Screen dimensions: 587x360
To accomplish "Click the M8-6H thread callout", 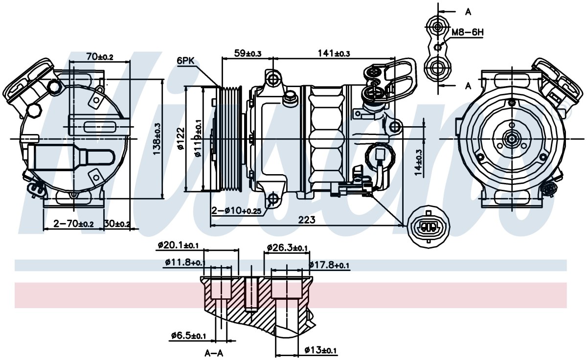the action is [x=468, y=32].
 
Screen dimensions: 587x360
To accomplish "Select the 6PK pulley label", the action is [x=186, y=61].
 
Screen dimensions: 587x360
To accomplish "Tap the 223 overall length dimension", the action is [x=307, y=220].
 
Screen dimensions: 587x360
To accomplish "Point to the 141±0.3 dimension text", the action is [x=334, y=53].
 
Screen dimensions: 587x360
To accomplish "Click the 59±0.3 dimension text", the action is [x=248, y=53].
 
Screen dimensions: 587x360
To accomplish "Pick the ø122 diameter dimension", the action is [x=181, y=138].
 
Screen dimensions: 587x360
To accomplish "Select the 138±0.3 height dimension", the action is [x=157, y=139].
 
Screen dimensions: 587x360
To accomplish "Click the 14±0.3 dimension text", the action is [x=419, y=163].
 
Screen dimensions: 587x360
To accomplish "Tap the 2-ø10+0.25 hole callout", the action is [x=237, y=210].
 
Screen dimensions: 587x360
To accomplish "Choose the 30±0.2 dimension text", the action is [x=117, y=224].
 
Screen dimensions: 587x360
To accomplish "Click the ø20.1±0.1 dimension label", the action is [x=178, y=246].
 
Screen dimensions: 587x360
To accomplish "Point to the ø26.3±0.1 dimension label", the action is [x=287, y=247].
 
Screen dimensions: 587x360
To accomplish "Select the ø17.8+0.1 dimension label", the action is [x=329, y=265].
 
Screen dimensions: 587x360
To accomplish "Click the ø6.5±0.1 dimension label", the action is [x=188, y=335].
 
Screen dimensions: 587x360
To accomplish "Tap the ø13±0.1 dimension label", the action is [x=320, y=350].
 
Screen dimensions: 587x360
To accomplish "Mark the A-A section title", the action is [x=214, y=354].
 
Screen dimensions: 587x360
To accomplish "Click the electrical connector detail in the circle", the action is [x=429, y=226].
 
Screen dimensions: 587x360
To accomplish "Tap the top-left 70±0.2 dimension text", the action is [x=100, y=56].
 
